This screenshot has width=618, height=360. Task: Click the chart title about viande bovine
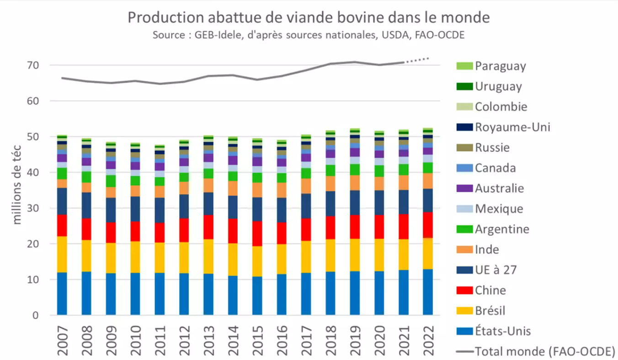309,17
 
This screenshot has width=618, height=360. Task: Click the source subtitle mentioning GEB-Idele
309,35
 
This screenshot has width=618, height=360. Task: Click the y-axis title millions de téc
17,190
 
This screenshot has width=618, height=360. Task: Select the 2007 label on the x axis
62,341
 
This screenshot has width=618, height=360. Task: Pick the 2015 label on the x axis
257,341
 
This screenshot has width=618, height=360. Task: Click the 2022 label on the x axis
428,341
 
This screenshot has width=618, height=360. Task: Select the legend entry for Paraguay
500,66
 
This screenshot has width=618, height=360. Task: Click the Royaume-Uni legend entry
512,127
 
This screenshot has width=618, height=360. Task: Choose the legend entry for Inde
487,250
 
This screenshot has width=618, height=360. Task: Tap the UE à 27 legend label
495,270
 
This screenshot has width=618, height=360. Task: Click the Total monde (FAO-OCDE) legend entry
544,352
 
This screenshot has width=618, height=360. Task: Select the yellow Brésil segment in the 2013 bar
208,257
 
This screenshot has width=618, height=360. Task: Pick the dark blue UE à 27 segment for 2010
135,209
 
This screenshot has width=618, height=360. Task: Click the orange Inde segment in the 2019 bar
355,183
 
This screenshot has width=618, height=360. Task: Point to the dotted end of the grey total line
419,60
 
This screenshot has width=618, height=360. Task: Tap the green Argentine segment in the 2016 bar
282,177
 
